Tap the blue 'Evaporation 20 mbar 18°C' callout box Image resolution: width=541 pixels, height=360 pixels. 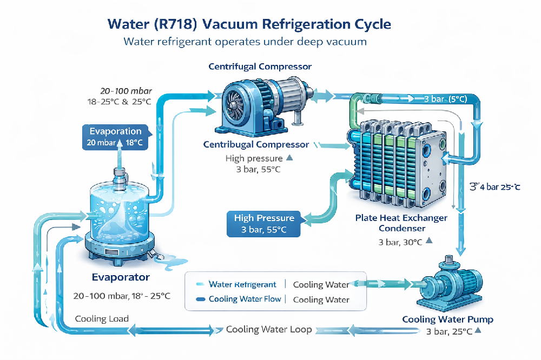click(x=115, y=137)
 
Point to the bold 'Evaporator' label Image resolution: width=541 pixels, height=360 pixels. click(x=120, y=277)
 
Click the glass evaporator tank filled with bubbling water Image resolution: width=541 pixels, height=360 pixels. click(x=117, y=211)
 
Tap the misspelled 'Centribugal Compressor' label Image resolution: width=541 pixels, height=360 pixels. click(x=256, y=144)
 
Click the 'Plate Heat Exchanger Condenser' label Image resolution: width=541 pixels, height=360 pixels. click(x=401, y=223)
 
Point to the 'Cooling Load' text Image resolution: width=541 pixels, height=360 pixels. click(x=102, y=318)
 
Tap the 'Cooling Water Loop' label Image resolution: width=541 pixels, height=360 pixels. click(x=269, y=329)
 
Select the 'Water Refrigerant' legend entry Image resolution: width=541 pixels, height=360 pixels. click(x=242, y=284)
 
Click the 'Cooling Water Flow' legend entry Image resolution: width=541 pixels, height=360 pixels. click(x=245, y=299)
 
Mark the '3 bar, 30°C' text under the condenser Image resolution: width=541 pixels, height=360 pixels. click(x=401, y=242)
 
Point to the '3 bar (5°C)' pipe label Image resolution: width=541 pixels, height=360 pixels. click(x=444, y=98)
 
